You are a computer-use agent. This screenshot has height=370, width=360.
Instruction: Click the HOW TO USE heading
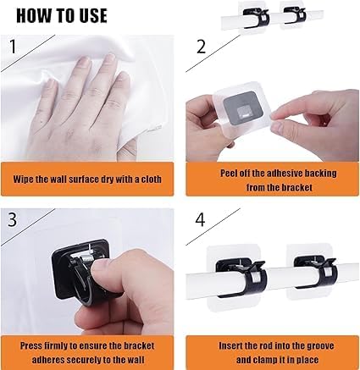point(62,15)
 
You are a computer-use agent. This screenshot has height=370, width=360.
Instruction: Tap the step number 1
point(13,47)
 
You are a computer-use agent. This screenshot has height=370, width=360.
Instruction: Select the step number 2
point(201,47)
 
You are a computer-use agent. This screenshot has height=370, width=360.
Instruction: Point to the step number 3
point(12,219)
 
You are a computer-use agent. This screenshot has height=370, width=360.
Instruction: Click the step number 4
point(200,219)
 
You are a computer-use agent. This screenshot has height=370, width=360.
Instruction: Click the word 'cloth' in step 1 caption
point(151,179)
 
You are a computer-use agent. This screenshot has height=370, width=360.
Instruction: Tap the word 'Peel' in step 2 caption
point(227,173)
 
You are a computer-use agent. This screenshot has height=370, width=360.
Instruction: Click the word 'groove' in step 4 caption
point(321,346)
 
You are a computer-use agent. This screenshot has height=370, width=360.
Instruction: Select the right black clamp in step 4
point(316,273)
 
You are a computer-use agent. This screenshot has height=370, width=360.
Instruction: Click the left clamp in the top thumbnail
point(256,18)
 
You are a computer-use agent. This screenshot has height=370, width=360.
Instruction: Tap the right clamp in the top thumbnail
point(295,15)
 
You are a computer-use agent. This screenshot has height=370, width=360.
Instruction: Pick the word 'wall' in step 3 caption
point(136,360)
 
